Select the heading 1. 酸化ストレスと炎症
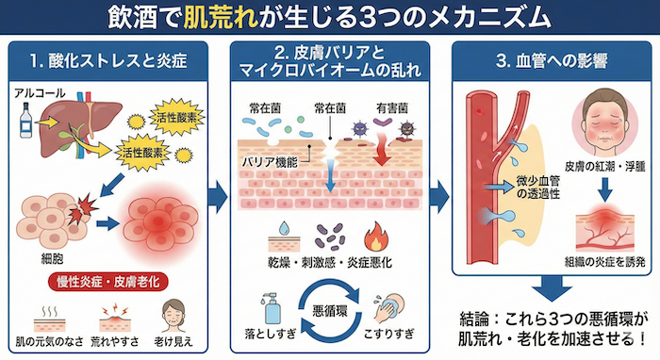pos(112,63)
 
